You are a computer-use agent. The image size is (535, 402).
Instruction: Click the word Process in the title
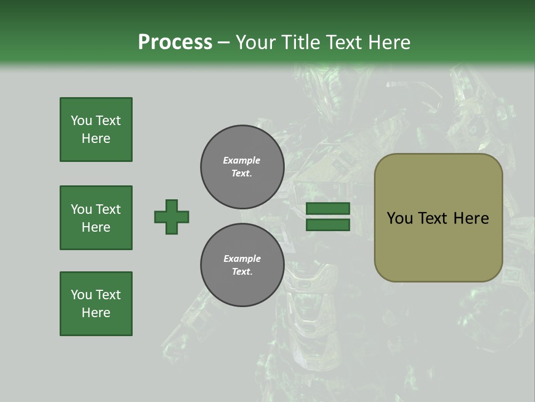175,42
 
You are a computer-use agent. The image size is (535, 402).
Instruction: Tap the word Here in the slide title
388,42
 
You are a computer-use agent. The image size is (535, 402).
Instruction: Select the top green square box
96,130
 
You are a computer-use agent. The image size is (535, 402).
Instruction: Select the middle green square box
96,218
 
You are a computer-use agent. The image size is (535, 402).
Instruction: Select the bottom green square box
96,304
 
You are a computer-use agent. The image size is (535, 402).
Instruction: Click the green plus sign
172,217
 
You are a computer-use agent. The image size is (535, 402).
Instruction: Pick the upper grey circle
242,167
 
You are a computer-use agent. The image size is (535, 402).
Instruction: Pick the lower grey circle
242,265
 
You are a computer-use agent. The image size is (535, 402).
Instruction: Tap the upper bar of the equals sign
328,208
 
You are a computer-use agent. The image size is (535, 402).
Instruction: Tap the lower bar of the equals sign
328,225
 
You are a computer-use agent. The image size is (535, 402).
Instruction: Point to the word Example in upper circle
242,160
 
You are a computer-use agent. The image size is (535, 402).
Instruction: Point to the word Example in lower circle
242,259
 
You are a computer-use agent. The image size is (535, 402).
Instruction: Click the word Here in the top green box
96,138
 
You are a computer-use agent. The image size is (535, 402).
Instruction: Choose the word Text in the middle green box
108,209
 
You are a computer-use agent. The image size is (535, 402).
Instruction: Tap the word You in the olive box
400,218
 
